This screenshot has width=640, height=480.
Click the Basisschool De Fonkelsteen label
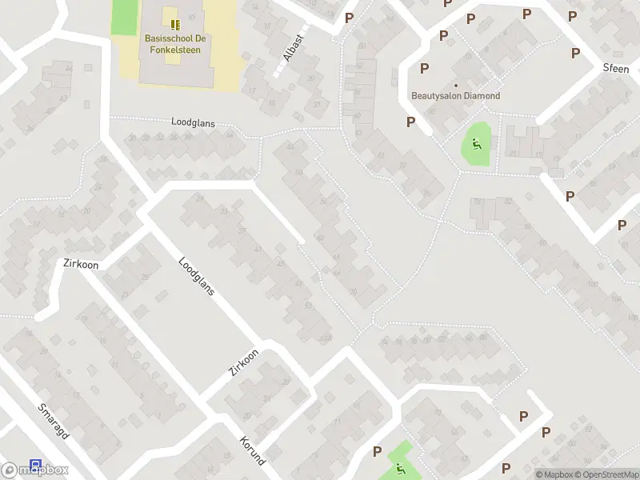pos(172,43)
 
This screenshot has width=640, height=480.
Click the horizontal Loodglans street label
pos(194,122)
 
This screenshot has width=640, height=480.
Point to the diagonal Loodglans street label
pos(197,276)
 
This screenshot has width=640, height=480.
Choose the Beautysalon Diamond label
pos(455,96)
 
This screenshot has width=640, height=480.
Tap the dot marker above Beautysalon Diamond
pos(456,85)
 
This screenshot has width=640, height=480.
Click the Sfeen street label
pos(616,68)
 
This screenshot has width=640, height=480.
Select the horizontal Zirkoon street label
pos(80,263)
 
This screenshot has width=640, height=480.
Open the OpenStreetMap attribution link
pos(605,474)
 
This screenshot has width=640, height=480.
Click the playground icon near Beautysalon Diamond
pos(476,145)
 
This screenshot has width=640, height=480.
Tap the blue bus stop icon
pos(35,465)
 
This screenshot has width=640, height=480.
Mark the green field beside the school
pos(124,17)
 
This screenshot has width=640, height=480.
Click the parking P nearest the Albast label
pos(349,18)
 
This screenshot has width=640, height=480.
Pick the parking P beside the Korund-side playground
pos(377,452)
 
